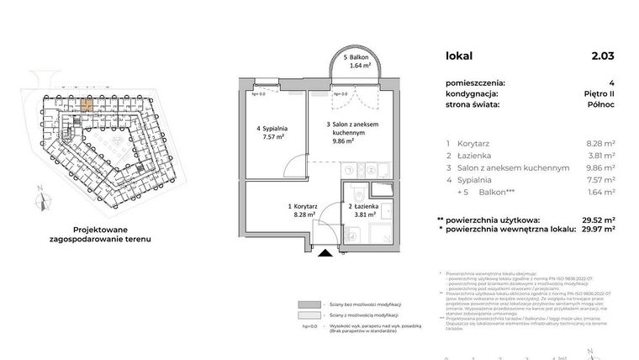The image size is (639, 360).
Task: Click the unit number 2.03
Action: pyautogui.click(x=602, y=56)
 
